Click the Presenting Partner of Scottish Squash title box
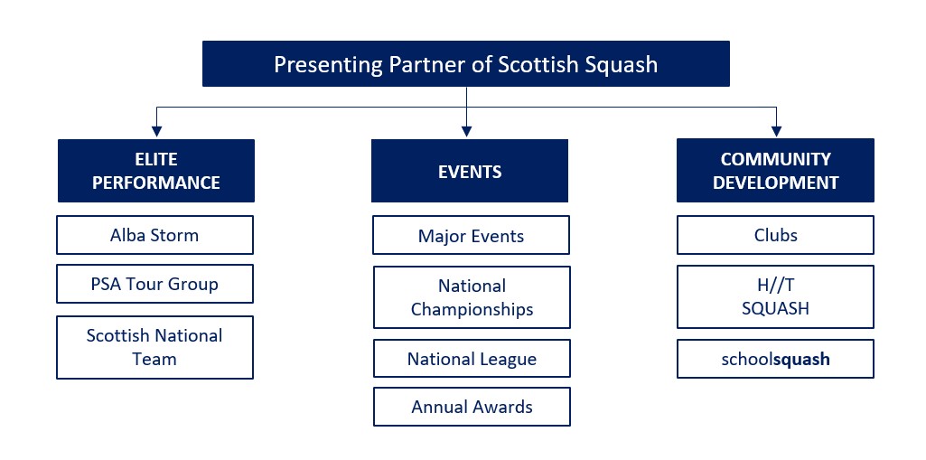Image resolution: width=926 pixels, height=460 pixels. [466, 64]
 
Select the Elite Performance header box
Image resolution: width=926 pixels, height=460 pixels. [156, 171]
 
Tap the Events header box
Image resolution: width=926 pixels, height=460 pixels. [470, 171]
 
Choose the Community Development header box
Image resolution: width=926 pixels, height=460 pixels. [775, 171]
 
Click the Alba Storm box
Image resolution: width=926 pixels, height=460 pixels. [154, 235]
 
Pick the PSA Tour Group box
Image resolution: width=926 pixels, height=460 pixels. [154, 284]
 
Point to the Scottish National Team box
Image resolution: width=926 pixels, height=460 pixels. [154, 347]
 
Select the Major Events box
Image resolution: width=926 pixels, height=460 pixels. [472, 235]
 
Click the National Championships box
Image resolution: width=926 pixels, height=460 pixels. [472, 297]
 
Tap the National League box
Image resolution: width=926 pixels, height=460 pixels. [472, 359]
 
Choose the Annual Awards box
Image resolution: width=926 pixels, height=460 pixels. [472, 407]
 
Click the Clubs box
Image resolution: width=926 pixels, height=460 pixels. [775, 235]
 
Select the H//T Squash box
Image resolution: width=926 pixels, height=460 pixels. [775, 297]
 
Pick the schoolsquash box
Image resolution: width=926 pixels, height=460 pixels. [775, 359]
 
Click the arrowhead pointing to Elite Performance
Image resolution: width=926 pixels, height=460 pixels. [156, 131]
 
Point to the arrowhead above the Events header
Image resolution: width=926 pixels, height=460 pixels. [466, 131]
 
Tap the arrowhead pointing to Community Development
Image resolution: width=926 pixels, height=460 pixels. [776, 131]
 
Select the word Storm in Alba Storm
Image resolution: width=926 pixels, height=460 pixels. [173, 235]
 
